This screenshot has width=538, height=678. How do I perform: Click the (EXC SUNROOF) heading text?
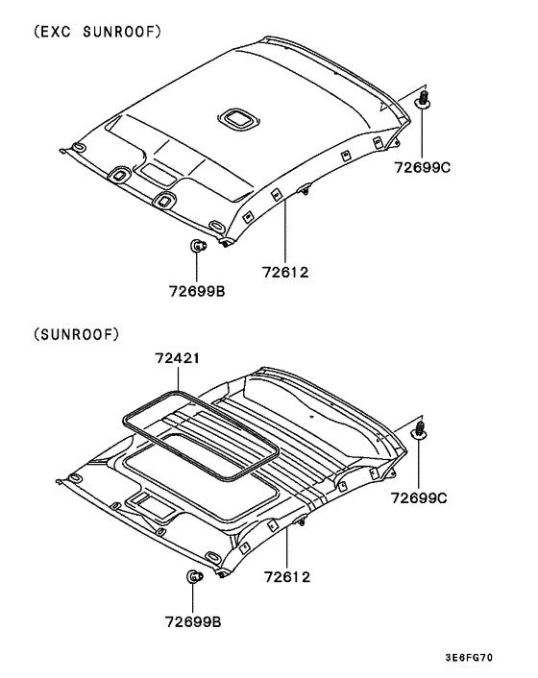tap(97, 32)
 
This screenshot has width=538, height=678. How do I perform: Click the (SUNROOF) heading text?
tap(76, 334)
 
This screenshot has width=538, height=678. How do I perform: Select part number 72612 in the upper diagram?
tap(285, 273)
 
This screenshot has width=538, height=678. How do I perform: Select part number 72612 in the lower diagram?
tap(287, 577)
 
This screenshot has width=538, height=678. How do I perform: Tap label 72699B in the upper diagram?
tap(197, 291)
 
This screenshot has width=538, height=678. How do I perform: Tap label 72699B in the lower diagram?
tap(193, 621)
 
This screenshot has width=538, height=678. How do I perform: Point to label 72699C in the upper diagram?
tap(422, 167)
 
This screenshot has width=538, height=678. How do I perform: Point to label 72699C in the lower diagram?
tap(419, 498)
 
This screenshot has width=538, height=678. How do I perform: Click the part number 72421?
tap(178, 358)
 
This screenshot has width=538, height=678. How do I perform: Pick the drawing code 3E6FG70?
tap(469, 658)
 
